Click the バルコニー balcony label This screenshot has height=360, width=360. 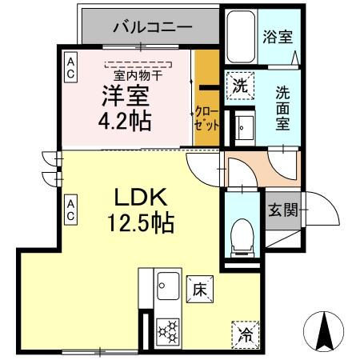tap(151, 26)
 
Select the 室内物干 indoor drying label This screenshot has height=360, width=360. tap(138, 74)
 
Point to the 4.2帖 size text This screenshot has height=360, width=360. tap(124, 122)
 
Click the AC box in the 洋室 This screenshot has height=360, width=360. tap(71, 67)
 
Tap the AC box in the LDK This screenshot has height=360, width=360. tap(71, 210)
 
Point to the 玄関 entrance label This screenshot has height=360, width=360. tap(282, 210)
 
